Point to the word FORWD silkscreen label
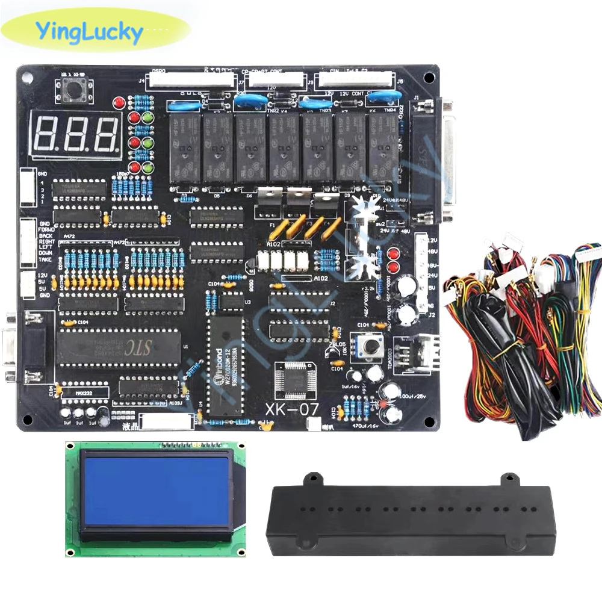pyautogui.click(x=46, y=229)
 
